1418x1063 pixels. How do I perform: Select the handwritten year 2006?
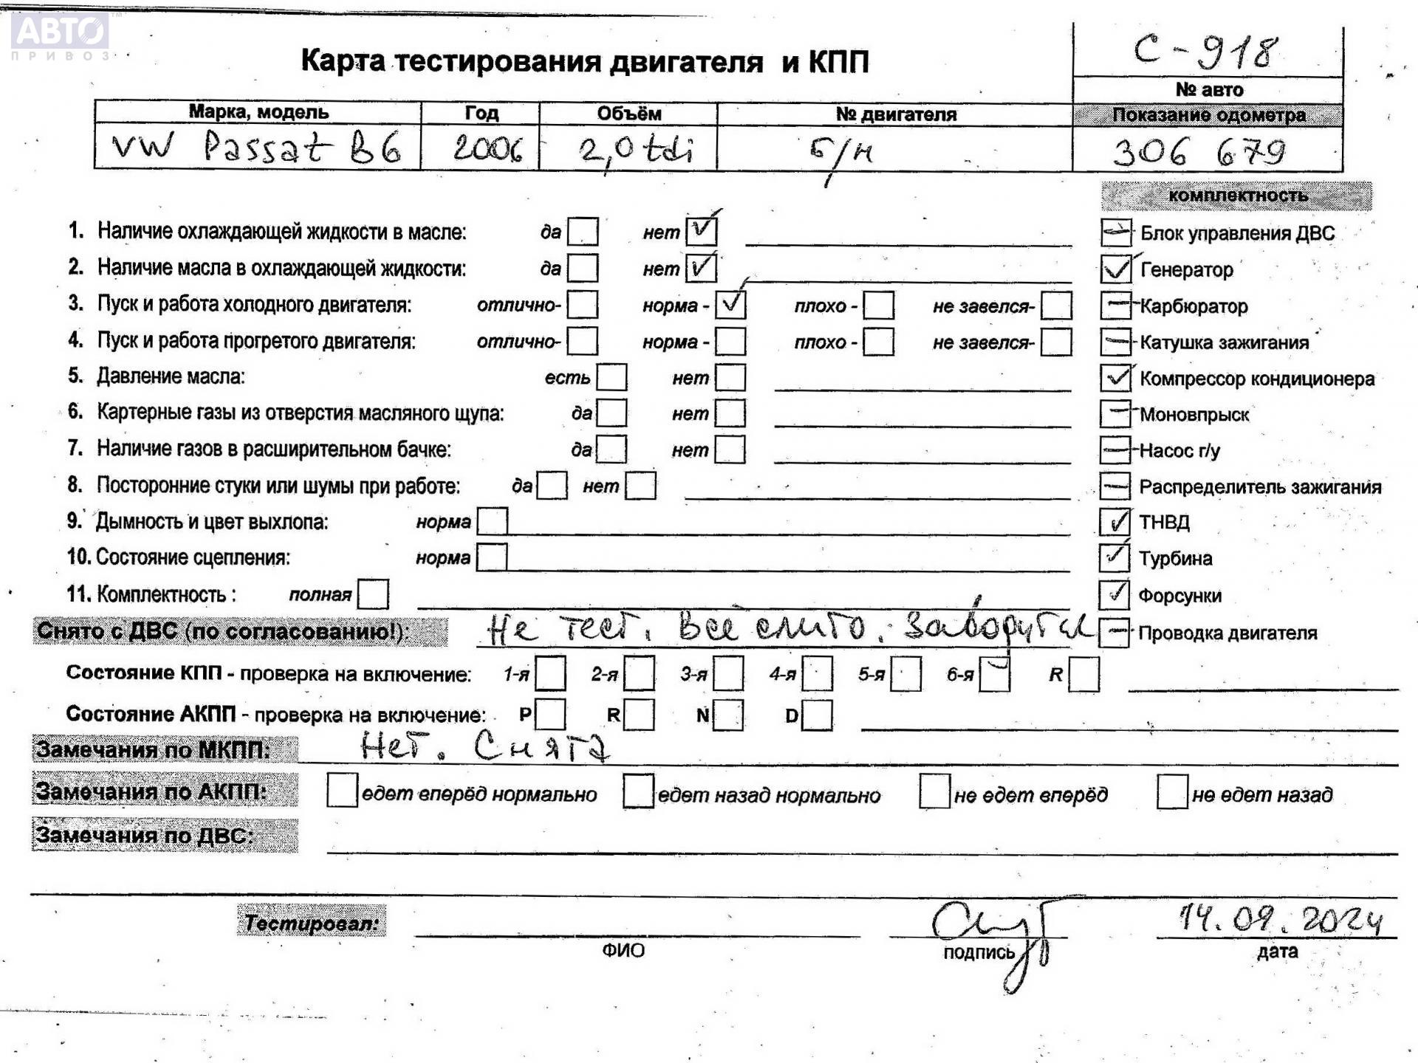pos(487,149)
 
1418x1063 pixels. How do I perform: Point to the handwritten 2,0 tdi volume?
pos(635,151)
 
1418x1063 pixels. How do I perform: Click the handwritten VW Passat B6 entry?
pos(256,148)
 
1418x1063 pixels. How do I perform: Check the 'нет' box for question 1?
pos(700,232)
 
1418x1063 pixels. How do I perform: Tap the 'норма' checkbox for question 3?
pos(730,304)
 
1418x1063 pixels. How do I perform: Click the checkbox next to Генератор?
pos(1115,269)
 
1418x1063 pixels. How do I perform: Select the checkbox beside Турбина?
pos(1114,558)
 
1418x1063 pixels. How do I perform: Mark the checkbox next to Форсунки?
pos(1114,595)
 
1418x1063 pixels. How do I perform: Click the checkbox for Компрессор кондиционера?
pos(1115,378)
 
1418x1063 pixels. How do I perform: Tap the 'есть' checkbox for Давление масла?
pos(612,377)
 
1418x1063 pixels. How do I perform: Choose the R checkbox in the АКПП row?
pos(639,715)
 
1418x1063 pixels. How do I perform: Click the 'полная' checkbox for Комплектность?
pos(373,594)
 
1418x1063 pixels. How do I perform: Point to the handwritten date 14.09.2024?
pos(1279,919)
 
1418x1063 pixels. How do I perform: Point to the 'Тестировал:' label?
pos(312,923)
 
